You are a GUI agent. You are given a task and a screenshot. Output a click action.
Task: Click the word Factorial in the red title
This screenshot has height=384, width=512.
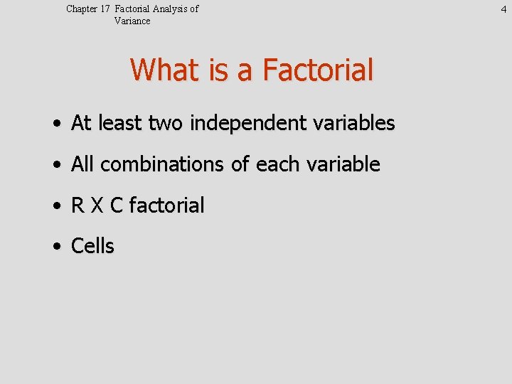(x=318, y=70)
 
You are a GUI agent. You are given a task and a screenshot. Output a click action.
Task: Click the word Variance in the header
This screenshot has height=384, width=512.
(x=132, y=21)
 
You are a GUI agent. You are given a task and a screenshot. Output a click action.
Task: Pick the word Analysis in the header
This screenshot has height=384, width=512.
(x=172, y=9)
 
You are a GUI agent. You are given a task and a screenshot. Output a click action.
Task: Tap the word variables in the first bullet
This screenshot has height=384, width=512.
(x=356, y=124)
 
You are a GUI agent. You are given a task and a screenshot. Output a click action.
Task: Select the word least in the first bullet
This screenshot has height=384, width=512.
(x=119, y=124)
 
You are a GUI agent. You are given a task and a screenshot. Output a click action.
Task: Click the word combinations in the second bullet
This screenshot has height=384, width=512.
(x=163, y=165)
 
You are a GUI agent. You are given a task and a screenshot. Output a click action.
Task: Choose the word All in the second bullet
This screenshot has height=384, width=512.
(x=82, y=165)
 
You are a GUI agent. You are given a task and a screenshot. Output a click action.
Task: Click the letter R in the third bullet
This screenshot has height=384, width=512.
(x=78, y=206)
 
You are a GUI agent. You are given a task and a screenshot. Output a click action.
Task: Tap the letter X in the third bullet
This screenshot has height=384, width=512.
(x=97, y=206)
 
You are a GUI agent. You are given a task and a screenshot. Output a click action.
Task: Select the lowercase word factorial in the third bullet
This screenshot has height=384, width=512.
(x=166, y=206)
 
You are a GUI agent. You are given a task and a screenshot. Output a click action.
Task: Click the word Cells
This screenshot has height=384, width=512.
(x=93, y=247)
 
